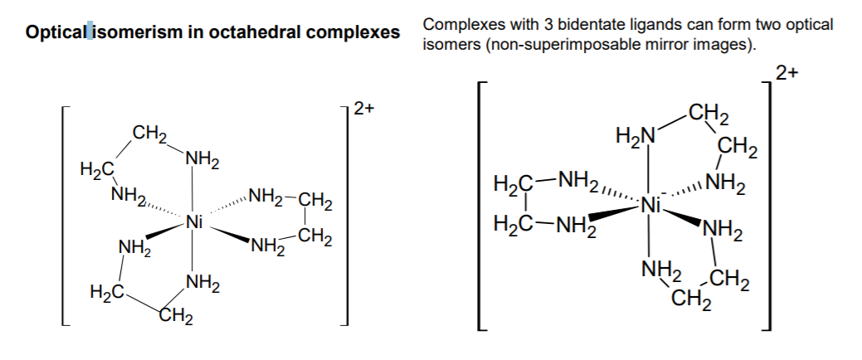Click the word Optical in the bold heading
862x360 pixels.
coord(56,32)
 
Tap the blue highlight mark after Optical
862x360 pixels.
coord(90,32)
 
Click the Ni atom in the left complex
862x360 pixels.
coord(194,222)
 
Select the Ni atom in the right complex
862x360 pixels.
coord(651,206)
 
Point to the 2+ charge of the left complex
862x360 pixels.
coord(363,109)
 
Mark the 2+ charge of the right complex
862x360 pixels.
coord(787,73)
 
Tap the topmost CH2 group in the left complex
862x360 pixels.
coord(149,134)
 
